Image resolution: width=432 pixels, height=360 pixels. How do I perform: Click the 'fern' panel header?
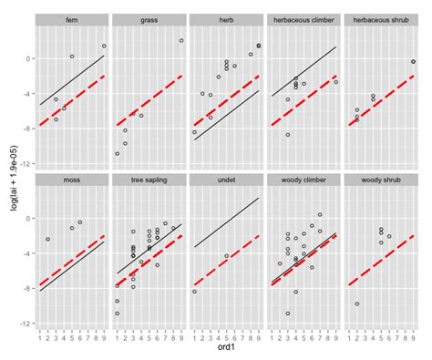pos(72,19)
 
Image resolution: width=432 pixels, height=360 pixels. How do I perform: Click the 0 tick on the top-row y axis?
pos(28,58)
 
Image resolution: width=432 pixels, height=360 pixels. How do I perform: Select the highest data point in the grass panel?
pos(181,40)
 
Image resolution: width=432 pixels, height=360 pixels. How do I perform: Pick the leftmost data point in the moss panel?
pos(47,240)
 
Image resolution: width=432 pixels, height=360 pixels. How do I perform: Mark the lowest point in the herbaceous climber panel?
pos(288,135)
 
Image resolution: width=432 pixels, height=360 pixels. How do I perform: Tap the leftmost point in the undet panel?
pos(195,292)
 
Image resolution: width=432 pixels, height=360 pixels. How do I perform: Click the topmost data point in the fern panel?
pos(105,46)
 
